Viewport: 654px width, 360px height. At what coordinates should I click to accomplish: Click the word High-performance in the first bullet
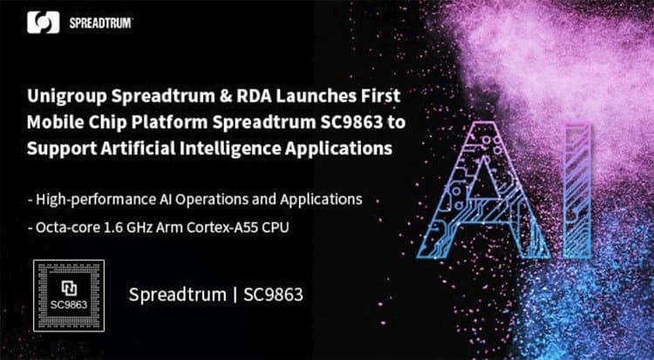[x=94, y=199]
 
